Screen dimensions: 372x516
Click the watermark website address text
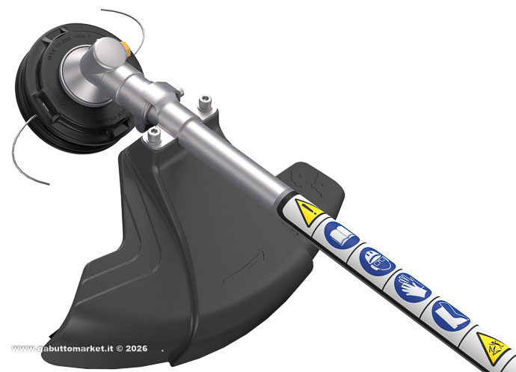[x=67, y=349]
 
